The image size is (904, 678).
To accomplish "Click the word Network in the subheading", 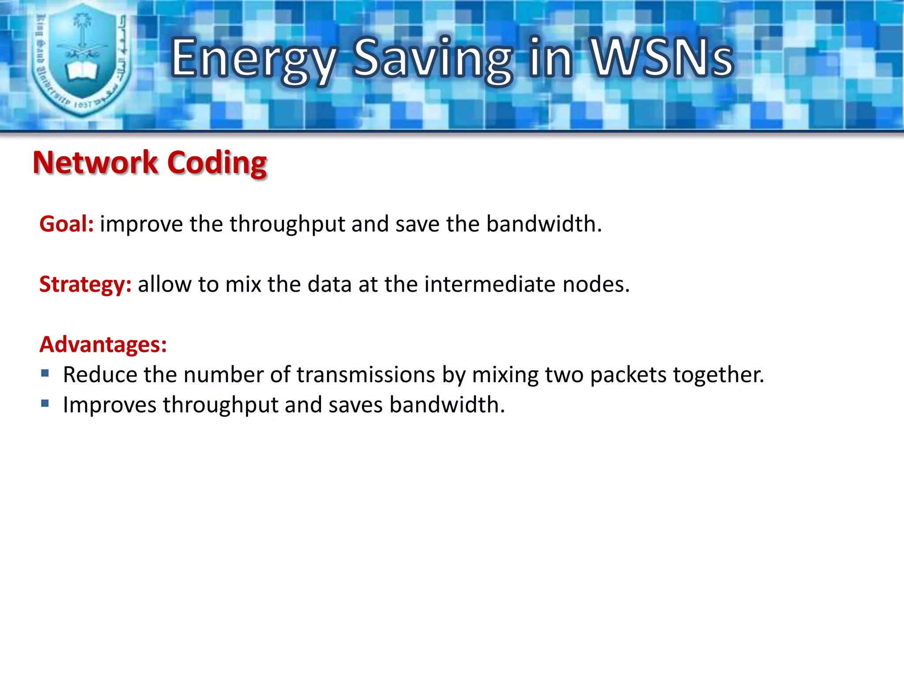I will point(95,162).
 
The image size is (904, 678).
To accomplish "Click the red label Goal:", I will point(66,224).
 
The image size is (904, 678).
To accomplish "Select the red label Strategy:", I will point(85,284).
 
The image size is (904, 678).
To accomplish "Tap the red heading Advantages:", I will point(103,344).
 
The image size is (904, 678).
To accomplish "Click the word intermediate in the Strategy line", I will point(490,284).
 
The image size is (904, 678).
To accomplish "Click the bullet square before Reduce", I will point(45,374).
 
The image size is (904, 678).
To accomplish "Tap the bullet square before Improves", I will point(45,403).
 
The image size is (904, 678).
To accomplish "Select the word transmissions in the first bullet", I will point(366,375).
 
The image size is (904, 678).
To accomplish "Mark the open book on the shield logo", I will point(81,71).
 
